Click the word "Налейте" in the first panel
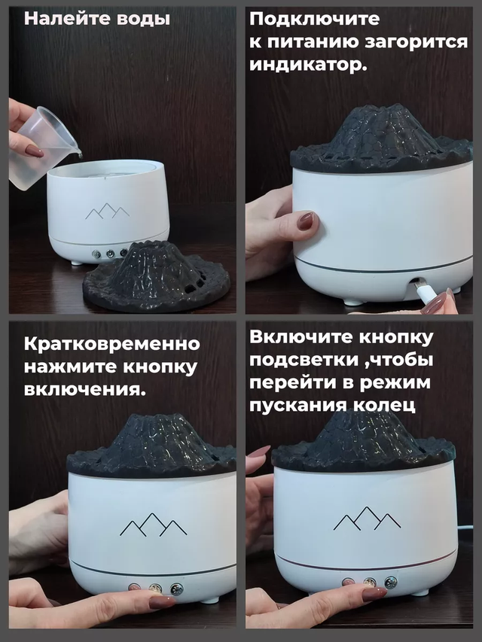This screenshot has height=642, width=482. point(67,20)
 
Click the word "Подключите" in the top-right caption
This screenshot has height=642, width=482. point(315,20)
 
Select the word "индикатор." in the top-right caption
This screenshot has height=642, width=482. point(308,65)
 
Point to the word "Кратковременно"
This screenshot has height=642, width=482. point(112,343)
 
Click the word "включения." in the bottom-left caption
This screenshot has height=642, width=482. point(85,389)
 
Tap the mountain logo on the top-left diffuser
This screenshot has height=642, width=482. point(107,211)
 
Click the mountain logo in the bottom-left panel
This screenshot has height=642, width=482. point(154,525)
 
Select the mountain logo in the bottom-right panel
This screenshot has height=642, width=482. point(368,519)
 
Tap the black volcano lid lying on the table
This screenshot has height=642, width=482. point(156,275)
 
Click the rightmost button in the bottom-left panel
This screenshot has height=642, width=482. point(177,589)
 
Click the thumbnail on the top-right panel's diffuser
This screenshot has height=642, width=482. point(306,221)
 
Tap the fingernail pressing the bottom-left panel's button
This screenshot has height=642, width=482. point(161,602)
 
